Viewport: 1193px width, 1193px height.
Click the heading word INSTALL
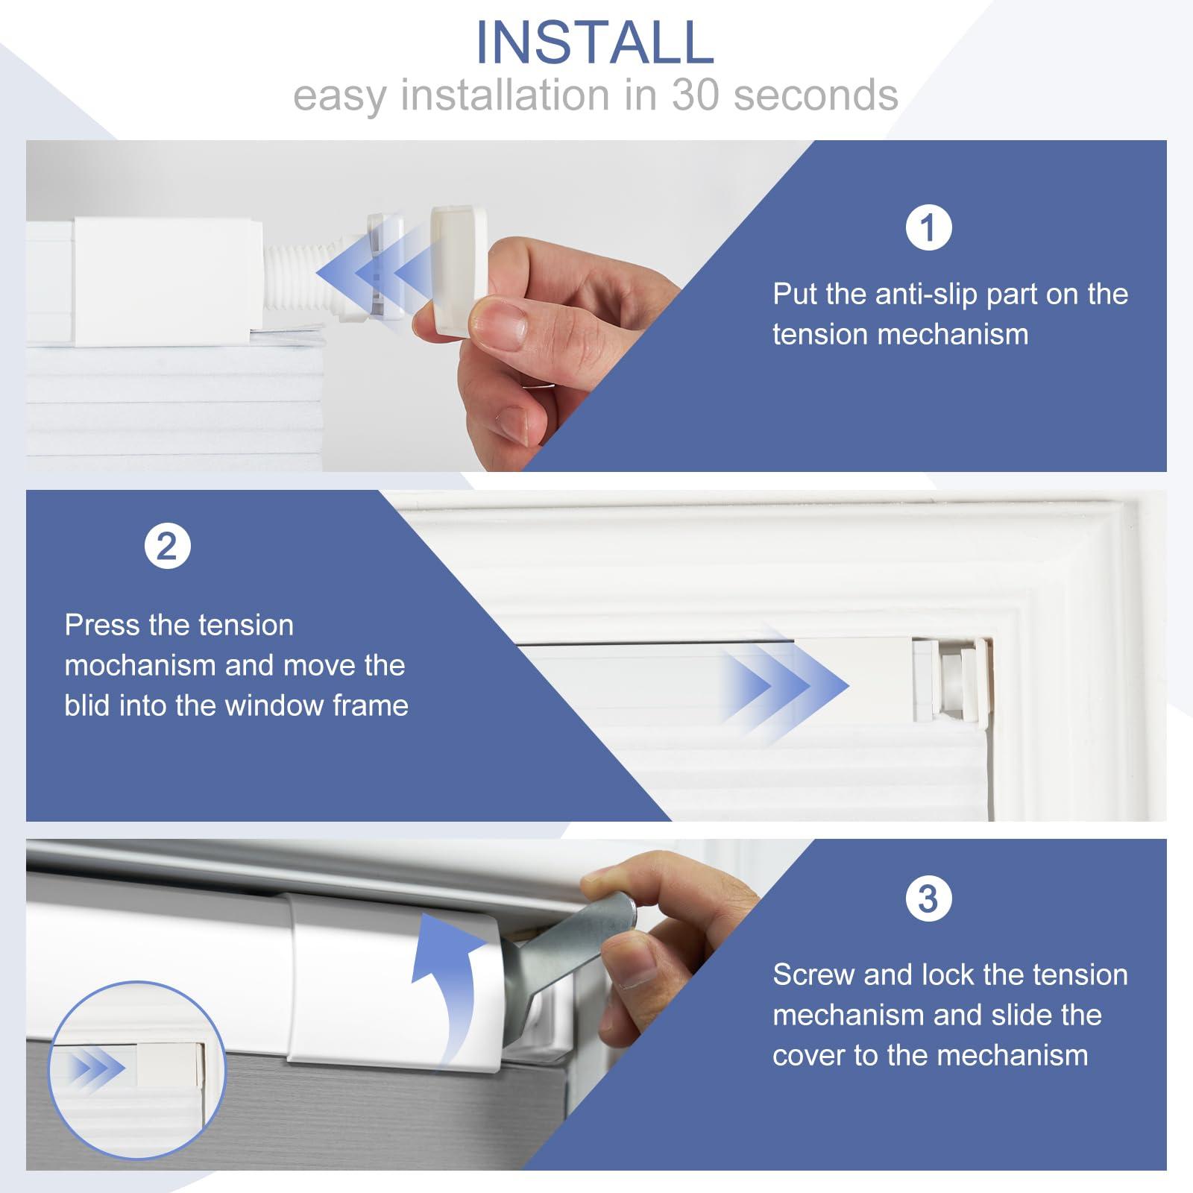click(595, 42)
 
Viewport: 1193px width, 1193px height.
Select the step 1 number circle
click(928, 227)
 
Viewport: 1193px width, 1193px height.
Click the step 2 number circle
click(168, 547)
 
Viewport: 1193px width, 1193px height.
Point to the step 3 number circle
click(928, 898)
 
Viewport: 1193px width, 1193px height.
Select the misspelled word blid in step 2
click(88, 705)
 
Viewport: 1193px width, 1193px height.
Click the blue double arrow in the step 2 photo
click(783, 685)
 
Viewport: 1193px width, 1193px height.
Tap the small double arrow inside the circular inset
click(98, 1069)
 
